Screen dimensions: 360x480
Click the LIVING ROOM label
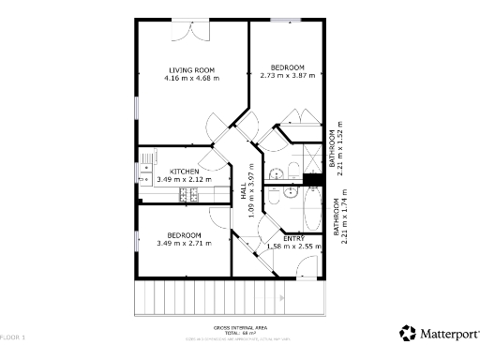coord(191,69)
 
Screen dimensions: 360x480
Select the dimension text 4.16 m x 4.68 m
coord(191,78)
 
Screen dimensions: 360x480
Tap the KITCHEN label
coord(184,171)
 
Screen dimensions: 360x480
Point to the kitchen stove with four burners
coord(190,194)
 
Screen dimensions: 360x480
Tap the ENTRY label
coord(292,238)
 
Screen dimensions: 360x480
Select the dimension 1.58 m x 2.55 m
coord(293,247)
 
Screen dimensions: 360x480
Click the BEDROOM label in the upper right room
coord(288,67)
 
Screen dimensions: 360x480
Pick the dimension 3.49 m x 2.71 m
coord(184,243)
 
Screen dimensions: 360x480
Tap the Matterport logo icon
coord(407,332)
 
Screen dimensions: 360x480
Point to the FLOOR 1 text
coord(12,336)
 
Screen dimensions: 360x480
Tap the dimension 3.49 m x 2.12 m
coord(184,179)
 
